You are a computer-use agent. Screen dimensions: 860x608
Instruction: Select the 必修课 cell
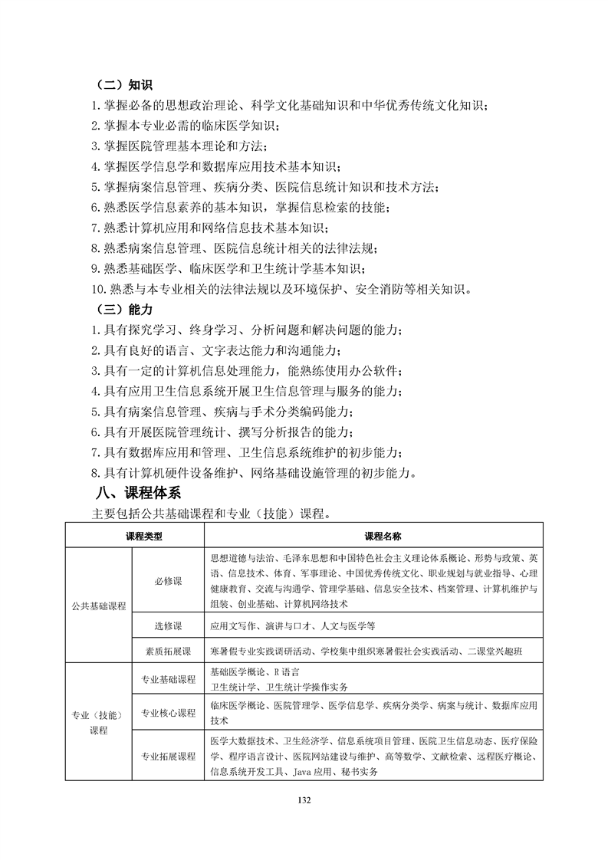tap(168, 581)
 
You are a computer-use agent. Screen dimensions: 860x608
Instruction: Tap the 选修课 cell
tap(168, 625)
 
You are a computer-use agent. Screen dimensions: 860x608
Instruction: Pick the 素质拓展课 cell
tap(168, 651)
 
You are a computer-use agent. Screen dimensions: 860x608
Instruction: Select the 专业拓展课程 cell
tap(168, 756)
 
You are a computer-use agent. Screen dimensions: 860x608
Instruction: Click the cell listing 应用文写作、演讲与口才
tap(292, 625)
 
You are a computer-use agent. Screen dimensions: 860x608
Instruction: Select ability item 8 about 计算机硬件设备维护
tap(253, 472)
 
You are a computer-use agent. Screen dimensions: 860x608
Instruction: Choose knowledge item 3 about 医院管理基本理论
tap(182, 146)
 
